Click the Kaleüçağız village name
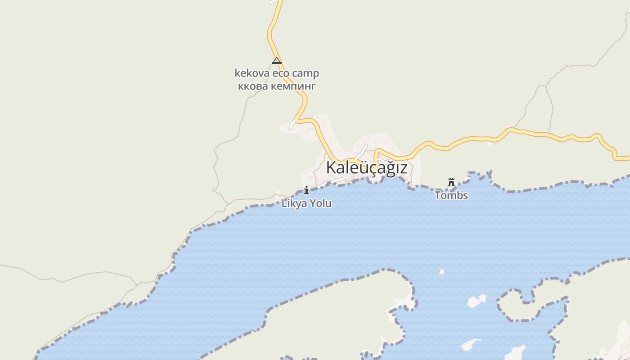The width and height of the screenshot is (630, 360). [x=366, y=167]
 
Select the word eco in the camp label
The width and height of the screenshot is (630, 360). [x=280, y=73]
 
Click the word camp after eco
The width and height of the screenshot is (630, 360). [x=306, y=73]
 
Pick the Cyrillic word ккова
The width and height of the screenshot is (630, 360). [x=253, y=85]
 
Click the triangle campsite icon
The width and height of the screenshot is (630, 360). [x=277, y=60]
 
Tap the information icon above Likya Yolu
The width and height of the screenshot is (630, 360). [x=306, y=190]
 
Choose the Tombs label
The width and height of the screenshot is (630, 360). [x=451, y=196]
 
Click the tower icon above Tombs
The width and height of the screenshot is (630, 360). [x=451, y=183]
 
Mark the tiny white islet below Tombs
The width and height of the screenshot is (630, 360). [x=442, y=271]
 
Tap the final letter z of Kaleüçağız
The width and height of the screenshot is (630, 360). [x=403, y=168]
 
